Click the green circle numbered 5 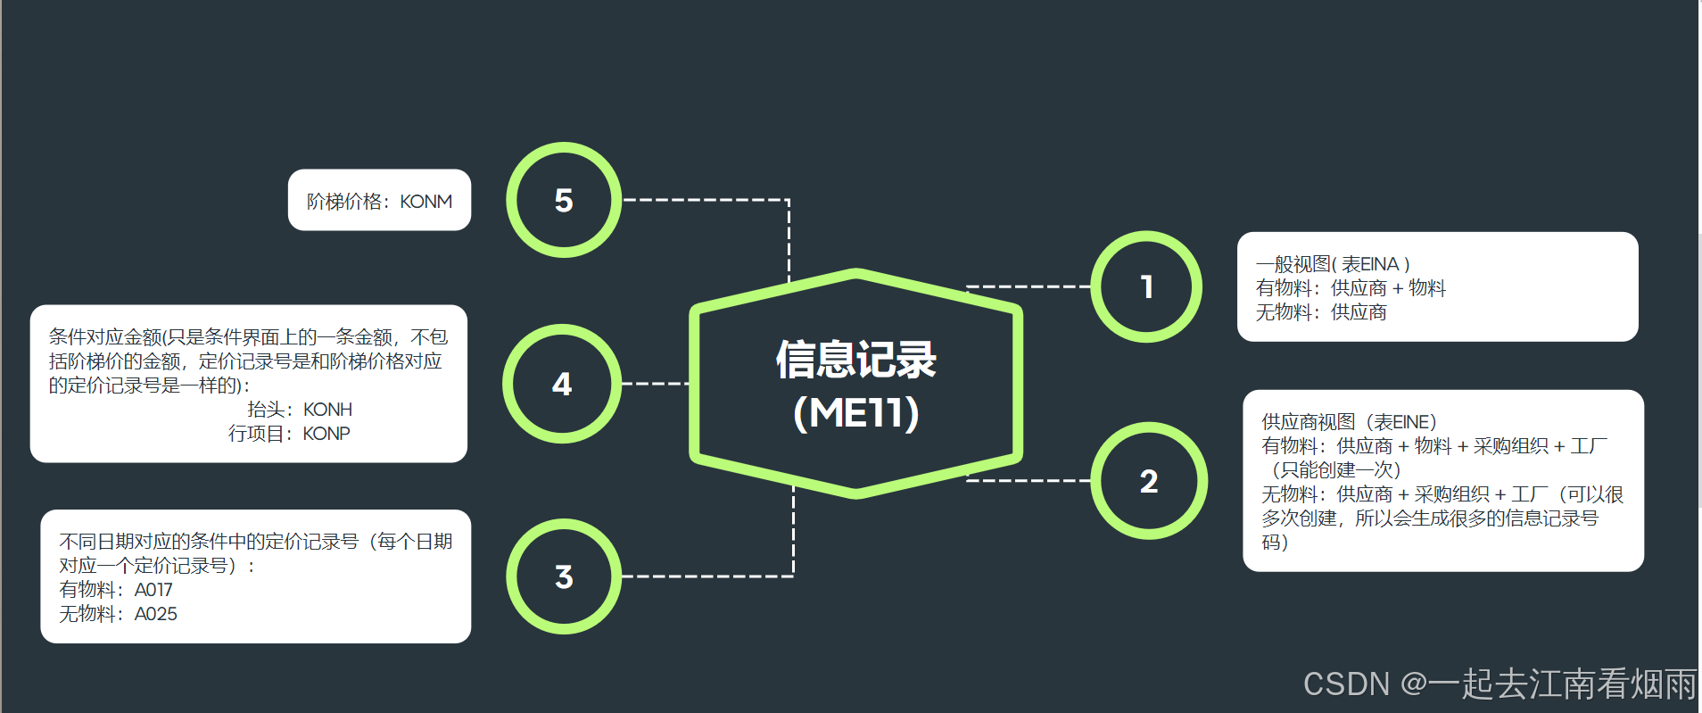564,200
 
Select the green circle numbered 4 562,384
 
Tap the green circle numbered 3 564,576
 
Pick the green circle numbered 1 1147,286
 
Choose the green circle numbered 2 1149,481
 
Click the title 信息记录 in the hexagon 855,360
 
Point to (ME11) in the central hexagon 855,412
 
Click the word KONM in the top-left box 425,202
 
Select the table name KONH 327,410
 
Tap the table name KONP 326,434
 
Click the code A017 153,590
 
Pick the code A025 155,614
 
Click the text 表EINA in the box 1370,264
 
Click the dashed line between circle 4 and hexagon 656,384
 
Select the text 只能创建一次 1336,470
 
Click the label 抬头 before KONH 266,410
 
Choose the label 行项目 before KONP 256,434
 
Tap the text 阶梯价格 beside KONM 344,202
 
